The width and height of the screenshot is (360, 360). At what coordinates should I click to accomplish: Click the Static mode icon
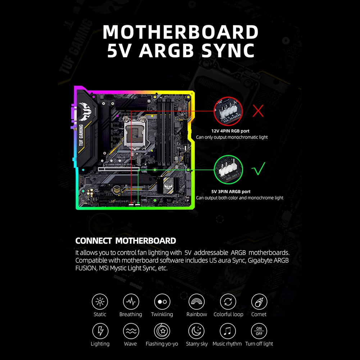[x=100, y=301]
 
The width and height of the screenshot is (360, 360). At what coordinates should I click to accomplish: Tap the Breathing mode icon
[x=131, y=301]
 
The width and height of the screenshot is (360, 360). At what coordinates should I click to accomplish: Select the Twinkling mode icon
[x=162, y=301]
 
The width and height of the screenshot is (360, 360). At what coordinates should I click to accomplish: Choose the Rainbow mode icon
[x=197, y=301]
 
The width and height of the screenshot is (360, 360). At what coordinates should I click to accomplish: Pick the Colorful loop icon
[x=228, y=301]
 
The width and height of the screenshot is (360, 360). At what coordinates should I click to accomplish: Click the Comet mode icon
[x=259, y=301]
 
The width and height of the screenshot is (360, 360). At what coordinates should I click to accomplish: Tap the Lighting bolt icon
[x=100, y=331]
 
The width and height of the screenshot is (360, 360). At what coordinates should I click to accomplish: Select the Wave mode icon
[x=131, y=331]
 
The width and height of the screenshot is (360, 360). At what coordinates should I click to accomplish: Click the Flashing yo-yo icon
[x=162, y=331]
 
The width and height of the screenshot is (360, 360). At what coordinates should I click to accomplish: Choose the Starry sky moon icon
[x=197, y=331]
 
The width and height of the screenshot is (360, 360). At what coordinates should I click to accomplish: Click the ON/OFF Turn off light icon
[x=259, y=331]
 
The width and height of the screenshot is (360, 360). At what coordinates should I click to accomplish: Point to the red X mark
[x=258, y=111]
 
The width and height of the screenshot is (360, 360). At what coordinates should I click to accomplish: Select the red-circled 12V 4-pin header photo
[x=228, y=111]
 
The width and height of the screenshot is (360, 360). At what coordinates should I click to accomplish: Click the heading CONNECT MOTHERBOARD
[x=126, y=241]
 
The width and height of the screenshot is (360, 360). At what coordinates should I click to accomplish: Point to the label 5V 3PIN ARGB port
[x=231, y=192]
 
